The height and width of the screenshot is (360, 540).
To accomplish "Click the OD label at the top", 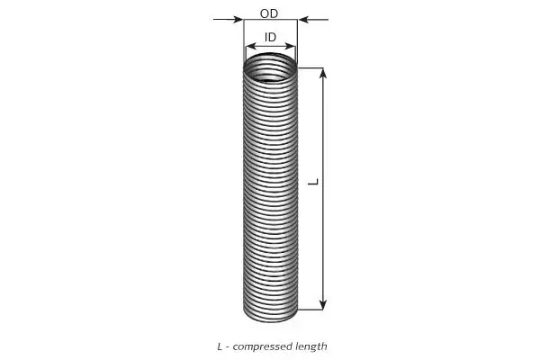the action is pyautogui.click(x=269, y=13).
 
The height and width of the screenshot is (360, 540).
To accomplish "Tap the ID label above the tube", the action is pyautogui.click(x=270, y=37).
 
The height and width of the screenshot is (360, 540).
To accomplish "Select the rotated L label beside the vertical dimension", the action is pyautogui.click(x=313, y=182).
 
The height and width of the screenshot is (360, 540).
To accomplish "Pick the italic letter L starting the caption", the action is pyautogui.click(x=220, y=346).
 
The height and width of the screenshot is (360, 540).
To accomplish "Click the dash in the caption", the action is pyautogui.click(x=228, y=347).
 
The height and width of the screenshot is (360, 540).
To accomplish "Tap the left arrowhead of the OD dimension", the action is pyautogui.click(x=238, y=19).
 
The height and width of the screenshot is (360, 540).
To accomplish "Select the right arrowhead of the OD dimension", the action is pyautogui.click(x=303, y=19).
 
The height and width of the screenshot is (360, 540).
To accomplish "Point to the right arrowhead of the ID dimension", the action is pyautogui.click(x=290, y=46).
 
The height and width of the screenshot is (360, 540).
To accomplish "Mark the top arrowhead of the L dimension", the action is pyautogui.click(x=323, y=74).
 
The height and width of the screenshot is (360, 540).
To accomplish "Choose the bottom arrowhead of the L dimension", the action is pyautogui.click(x=323, y=304).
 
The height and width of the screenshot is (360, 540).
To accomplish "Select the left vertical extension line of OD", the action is pyautogui.click(x=244, y=41).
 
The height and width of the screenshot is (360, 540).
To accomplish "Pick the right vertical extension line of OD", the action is pyautogui.click(x=297, y=41).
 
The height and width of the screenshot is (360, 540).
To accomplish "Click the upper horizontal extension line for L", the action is pyautogui.click(x=310, y=68).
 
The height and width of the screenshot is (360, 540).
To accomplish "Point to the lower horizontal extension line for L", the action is pyautogui.click(x=310, y=310).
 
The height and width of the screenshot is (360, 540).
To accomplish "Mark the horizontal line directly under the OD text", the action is pyautogui.click(x=270, y=20).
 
